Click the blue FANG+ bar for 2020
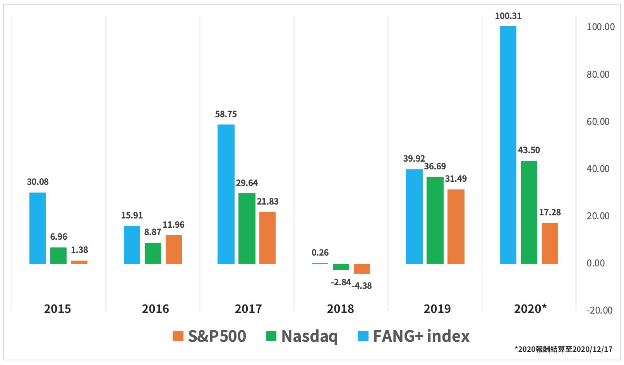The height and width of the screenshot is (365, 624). coord(508,145)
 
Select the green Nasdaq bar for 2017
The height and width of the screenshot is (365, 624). coord(247,228)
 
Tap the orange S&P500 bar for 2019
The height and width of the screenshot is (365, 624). coord(456,227)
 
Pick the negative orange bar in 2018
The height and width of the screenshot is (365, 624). coord(362,269)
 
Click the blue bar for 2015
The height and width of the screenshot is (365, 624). coord(38,228)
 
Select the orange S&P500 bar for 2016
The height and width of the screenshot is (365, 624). coord(173,249)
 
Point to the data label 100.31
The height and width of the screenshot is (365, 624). coord(508,16)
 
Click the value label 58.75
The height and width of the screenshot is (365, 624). coord(226,114)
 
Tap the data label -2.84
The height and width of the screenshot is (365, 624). coord(341,283)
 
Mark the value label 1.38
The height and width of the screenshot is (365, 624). coord(79,250)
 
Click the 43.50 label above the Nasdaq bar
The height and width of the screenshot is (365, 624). coord(529,150)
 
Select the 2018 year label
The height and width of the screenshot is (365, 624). coord(340,309)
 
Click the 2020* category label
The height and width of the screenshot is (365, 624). coord(530,309)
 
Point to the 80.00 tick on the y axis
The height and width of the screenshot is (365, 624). coord(598,74)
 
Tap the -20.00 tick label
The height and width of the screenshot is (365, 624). coord(599,310)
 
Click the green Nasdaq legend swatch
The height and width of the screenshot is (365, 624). coord(271,336)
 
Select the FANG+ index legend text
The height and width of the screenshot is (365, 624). coord(421,336)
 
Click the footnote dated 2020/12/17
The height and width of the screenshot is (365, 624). coord(563,349)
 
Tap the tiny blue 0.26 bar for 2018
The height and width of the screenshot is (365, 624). coord(320,263)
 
